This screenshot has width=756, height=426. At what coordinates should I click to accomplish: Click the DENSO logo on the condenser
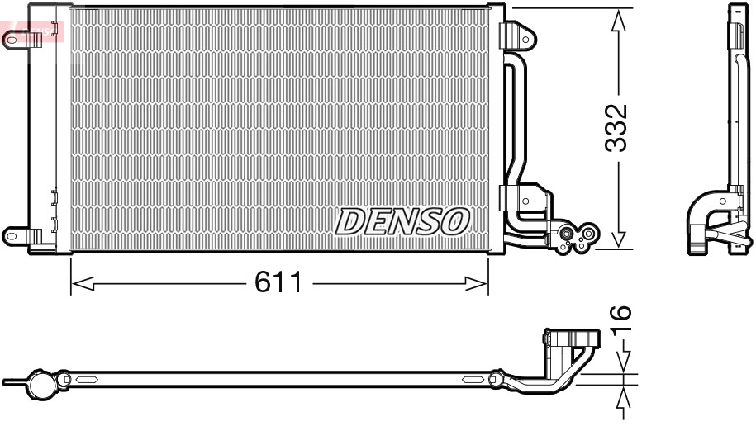tap(402, 220)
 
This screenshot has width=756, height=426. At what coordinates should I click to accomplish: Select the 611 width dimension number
tap(278, 283)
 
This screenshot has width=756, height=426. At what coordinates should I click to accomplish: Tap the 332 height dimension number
tap(616, 128)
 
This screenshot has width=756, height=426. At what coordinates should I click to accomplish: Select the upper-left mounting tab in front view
tap(15, 38)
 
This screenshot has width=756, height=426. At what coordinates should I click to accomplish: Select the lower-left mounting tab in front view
tap(15, 234)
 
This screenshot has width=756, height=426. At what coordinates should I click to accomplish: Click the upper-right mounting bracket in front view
tap(517, 35)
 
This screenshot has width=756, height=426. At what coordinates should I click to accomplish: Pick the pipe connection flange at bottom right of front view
tap(576, 237)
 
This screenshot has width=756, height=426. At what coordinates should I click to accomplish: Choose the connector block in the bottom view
tap(570, 339)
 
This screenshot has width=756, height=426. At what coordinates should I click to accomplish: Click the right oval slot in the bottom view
tap(473, 380)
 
